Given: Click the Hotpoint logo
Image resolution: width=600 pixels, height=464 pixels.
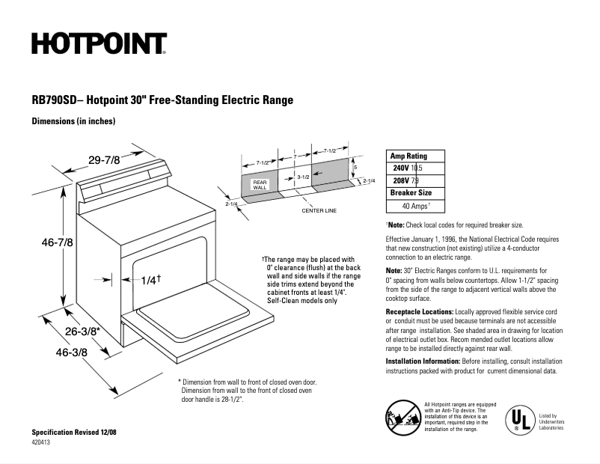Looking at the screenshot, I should (x=99, y=44).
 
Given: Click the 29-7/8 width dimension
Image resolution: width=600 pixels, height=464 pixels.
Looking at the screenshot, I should (x=104, y=159).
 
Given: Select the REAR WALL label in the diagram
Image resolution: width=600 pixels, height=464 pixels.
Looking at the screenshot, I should (x=260, y=184).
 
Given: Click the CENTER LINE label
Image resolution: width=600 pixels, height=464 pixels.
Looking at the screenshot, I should (x=319, y=210).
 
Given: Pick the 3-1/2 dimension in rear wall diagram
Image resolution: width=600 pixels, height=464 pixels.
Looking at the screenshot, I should (x=303, y=177).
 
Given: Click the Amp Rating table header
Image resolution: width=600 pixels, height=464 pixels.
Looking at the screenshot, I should (x=408, y=156).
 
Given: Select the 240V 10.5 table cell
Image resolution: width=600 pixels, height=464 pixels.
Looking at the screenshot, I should (x=408, y=168).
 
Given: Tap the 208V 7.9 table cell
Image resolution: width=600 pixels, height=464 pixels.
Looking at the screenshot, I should (x=408, y=180).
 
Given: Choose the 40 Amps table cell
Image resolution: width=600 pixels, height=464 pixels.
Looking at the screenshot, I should (x=416, y=205).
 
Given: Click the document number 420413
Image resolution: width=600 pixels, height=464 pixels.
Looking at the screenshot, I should (x=43, y=443).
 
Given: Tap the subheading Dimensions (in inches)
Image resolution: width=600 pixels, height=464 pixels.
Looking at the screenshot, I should (x=73, y=121).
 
